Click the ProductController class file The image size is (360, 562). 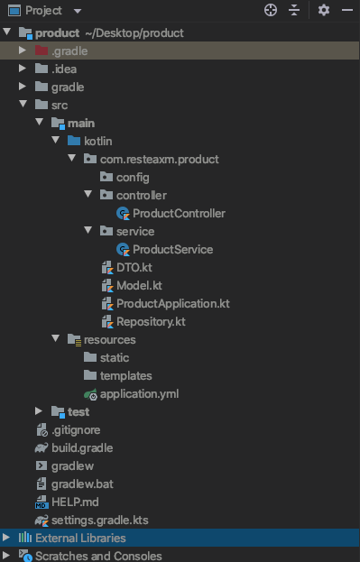click(x=178, y=214)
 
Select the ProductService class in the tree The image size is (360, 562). click(x=172, y=250)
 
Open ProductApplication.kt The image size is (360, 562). click(x=172, y=304)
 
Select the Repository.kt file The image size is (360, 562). click(x=151, y=322)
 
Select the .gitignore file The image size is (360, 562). click(x=75, y=430)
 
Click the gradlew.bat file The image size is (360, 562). click(x=81, y=484)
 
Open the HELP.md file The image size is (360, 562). click(x=75, y=502)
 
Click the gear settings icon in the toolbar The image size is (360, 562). click(x=324, y=10)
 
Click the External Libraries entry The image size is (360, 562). click(x=79, y=539)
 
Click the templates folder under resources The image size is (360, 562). click(x=125, y=376)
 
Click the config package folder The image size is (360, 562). click(x=132, y=178)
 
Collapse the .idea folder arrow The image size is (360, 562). click(x=23, y=69)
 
